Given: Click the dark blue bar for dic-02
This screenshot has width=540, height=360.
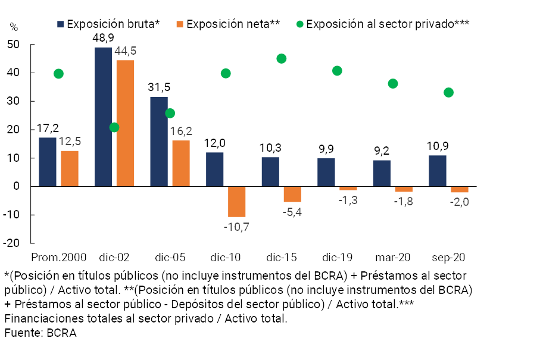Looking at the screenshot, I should (x=103, y=117).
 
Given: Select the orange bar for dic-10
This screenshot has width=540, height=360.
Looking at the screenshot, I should (x=237, y=202).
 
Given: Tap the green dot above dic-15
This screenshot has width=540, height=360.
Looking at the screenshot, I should (x=282, y=58).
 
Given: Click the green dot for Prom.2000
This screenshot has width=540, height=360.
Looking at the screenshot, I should (x=58, y=74).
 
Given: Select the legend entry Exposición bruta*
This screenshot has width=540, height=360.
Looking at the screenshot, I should (x=109, y=24).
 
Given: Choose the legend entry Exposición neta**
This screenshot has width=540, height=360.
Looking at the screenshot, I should (x=229, y=24).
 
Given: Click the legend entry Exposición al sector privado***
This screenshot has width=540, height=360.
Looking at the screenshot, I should (x=383, y=24).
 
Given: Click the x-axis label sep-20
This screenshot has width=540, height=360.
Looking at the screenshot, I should (x=448, y=258).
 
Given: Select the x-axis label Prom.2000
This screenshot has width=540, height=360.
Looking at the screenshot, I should (x=59, y=258).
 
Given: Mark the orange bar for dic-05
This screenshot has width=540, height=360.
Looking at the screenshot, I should (x=181, y=164).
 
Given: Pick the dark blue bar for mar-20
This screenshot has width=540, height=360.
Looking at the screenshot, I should (x=382, y=173).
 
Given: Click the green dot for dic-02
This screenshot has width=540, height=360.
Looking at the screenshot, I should (x=114, y=127).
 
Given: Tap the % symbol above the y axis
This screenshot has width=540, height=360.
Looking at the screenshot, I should (x=14, y=27).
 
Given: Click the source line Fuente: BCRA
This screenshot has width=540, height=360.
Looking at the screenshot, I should (x=40, y=333).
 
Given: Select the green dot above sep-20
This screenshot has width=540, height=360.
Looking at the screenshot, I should (x=449, y=92).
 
